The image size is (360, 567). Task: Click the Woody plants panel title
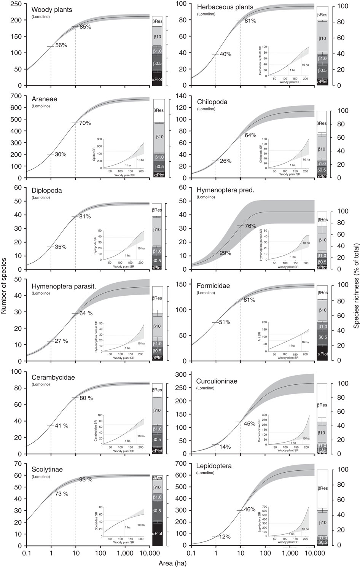click(52, 10)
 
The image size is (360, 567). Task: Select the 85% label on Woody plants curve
click(85, 27)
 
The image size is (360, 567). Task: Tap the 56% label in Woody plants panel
click(61, 45)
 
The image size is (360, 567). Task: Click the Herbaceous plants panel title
click(225, 7)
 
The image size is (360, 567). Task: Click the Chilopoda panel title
click(212, 102)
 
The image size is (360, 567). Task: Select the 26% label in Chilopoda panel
click(225, 161)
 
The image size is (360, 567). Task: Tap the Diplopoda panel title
click(47, 191)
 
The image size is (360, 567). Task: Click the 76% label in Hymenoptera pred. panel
click(250, 226)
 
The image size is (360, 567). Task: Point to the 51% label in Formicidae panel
click(225, 322)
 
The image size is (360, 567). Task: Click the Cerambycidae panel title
click(53, 377)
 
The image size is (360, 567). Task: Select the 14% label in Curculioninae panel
click(225, 447)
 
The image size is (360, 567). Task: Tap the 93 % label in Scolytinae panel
click(86, 480)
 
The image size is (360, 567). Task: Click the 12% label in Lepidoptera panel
click(225, 537)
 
